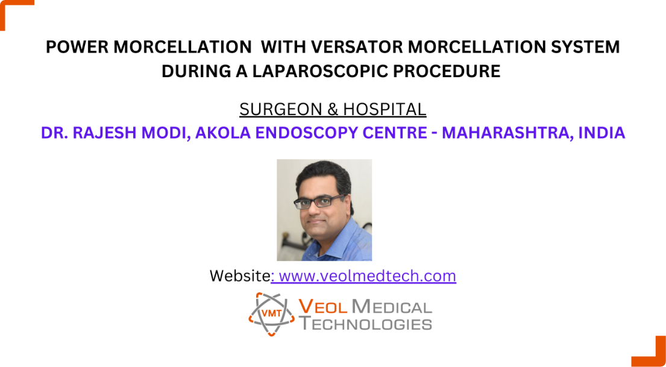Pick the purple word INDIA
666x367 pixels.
601,133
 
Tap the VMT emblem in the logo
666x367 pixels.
269,314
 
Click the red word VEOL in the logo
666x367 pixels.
323,307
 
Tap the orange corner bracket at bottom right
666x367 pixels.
653,352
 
